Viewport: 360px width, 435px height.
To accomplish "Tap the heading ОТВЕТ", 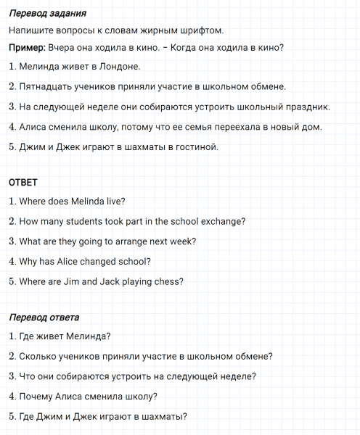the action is click(22, 182).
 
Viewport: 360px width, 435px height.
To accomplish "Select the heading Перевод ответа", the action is click(44, 317).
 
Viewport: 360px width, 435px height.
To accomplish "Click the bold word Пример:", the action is click(28, 48).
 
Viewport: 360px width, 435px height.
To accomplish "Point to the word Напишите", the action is click(32, 30).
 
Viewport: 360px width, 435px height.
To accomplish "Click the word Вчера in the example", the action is click(63, 48).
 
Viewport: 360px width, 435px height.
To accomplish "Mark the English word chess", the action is click(169, 281).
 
